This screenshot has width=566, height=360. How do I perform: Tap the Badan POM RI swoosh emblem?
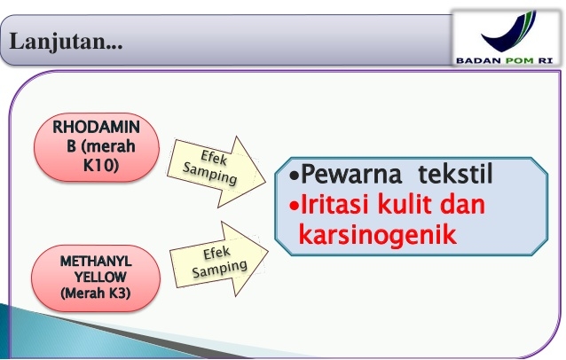(x=510, y=32)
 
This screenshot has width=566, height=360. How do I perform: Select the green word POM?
(x=520, y=60)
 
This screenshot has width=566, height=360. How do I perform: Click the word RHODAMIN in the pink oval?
(x=96, y=127)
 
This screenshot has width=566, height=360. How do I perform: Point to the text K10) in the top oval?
(x=101, y=165)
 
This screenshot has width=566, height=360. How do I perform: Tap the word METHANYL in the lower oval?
(x=96, y=262)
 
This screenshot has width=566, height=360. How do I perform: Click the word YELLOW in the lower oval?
(x=100, y=277)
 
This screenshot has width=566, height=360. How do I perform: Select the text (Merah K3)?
(x=96, y=293)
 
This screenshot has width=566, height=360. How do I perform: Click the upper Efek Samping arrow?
(x=216, y=172)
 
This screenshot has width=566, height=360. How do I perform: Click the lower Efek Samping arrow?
(x=219, y=259)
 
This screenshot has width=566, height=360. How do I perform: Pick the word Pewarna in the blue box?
(x=350, y=175)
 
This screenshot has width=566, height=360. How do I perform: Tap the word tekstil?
(x=455, y=174)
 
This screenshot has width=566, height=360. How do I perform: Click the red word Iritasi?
(x=334, y=204)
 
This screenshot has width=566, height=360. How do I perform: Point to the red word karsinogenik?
(x=378, y=235)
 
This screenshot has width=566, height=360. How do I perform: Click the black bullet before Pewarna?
(x=295, y=176)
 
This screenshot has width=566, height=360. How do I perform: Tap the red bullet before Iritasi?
(x=295, y=207)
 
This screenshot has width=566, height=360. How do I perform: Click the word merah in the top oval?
(x=111, y=146)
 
